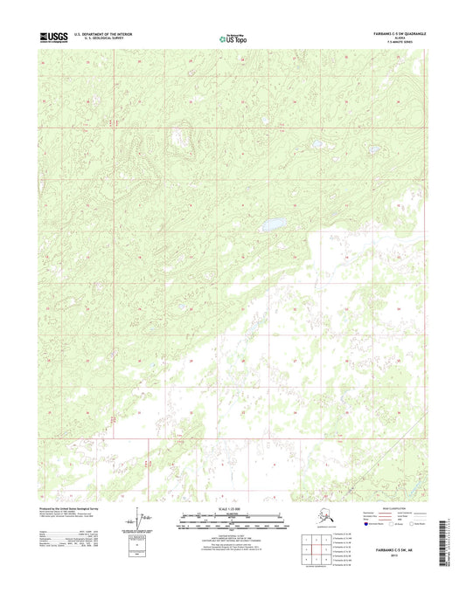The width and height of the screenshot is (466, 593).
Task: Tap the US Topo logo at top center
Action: pyautogui.click(x=233, y=38)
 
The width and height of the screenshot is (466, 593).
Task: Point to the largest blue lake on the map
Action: pyautogui.click(x=274, y=224)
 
